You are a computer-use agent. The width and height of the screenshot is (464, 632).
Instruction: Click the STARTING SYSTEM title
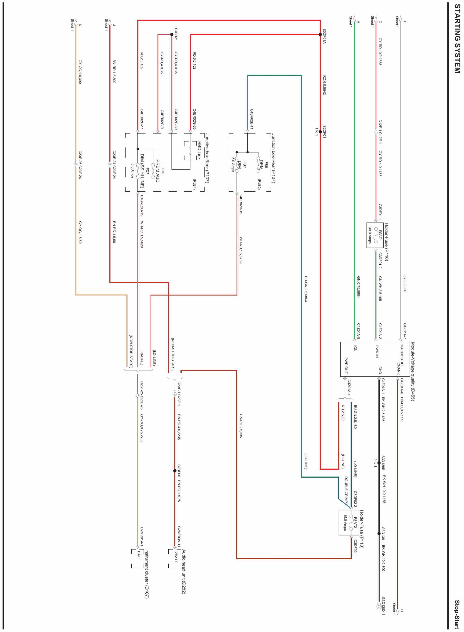click(457, 42)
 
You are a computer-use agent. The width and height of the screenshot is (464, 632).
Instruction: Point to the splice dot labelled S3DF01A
click(320, 35)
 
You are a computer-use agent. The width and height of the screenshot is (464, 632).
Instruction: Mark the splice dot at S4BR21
click(172, 35)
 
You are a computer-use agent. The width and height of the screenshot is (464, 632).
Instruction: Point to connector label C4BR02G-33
click(195, 119)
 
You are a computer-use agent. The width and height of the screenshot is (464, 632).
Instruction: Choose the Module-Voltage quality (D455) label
click(413, 371)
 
